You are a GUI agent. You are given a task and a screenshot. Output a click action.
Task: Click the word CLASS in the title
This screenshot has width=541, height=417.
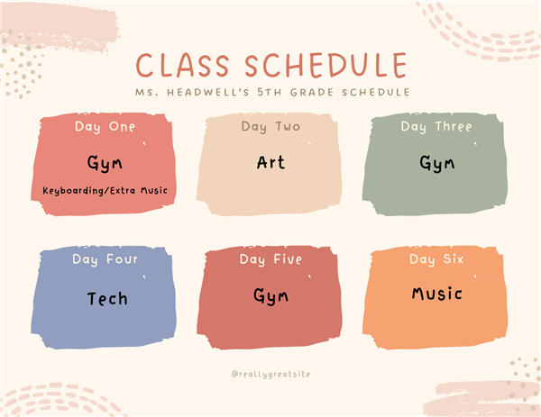click(183, 65)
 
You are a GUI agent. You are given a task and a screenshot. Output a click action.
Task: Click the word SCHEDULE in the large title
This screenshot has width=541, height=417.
click(326, 65)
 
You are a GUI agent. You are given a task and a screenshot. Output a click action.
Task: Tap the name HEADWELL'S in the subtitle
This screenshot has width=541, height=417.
click(208, 92)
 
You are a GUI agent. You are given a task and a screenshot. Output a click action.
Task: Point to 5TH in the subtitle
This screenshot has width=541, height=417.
click(270, 92)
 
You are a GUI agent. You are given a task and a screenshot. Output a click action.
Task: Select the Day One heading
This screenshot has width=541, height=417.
click(105, 127)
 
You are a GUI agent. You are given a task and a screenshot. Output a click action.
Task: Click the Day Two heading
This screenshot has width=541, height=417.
click(270, 127)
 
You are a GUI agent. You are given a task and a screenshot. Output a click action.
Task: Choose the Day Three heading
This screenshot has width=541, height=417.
click(436, 127)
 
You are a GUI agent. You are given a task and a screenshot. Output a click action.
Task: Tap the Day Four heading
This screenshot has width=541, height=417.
click(105, 259)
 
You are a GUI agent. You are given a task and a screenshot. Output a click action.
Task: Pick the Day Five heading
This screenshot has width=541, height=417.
click(270, 259)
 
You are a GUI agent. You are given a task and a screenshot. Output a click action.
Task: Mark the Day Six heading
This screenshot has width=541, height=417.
click(436, 259)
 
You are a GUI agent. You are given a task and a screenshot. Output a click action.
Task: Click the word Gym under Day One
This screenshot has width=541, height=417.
click(105, 163)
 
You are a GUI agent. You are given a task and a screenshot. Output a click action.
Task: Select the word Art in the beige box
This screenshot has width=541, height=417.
click(270, 162)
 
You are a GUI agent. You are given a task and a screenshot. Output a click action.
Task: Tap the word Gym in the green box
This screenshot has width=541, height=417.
click(436, 163)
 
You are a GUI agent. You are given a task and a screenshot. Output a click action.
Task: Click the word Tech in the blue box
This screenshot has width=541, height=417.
click(107, 298)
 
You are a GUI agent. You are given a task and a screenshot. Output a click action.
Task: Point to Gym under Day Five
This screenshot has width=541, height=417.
click(270, 296)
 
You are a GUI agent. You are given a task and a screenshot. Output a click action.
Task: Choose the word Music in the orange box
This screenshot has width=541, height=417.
click(436, 294)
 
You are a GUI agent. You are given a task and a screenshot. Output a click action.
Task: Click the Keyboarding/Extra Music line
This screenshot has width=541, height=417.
click(105, 191)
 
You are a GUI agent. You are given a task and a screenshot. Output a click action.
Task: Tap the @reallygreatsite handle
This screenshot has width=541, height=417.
click(270, 375)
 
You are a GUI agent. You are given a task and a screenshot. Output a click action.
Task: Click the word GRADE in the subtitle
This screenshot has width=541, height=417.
click(312, 92)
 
